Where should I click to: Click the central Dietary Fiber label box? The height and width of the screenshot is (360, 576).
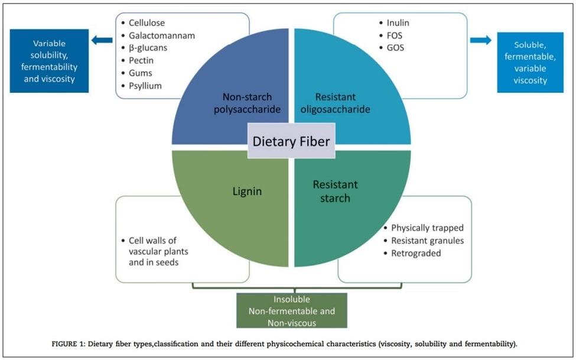(x=291, y=141)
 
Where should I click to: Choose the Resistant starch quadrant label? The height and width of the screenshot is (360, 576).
(x=335, y=191)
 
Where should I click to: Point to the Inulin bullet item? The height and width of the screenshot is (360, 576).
(x=399, y=23)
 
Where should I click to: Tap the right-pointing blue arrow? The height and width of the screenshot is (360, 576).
(x=480, y=40)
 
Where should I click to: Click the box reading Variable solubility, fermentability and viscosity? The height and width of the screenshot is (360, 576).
(x=49, y=60)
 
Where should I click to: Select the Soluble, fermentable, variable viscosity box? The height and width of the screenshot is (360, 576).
(x=530, y=63)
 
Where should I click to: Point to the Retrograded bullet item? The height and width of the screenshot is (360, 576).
(x=416, y=253)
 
